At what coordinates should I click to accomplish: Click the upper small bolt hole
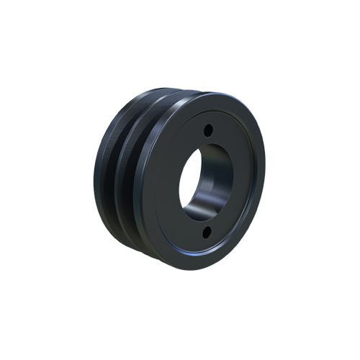(207, 131)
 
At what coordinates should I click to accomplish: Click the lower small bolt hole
(205, 230)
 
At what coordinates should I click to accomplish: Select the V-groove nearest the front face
(133, 180)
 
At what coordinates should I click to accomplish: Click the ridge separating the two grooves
(120, 176)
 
